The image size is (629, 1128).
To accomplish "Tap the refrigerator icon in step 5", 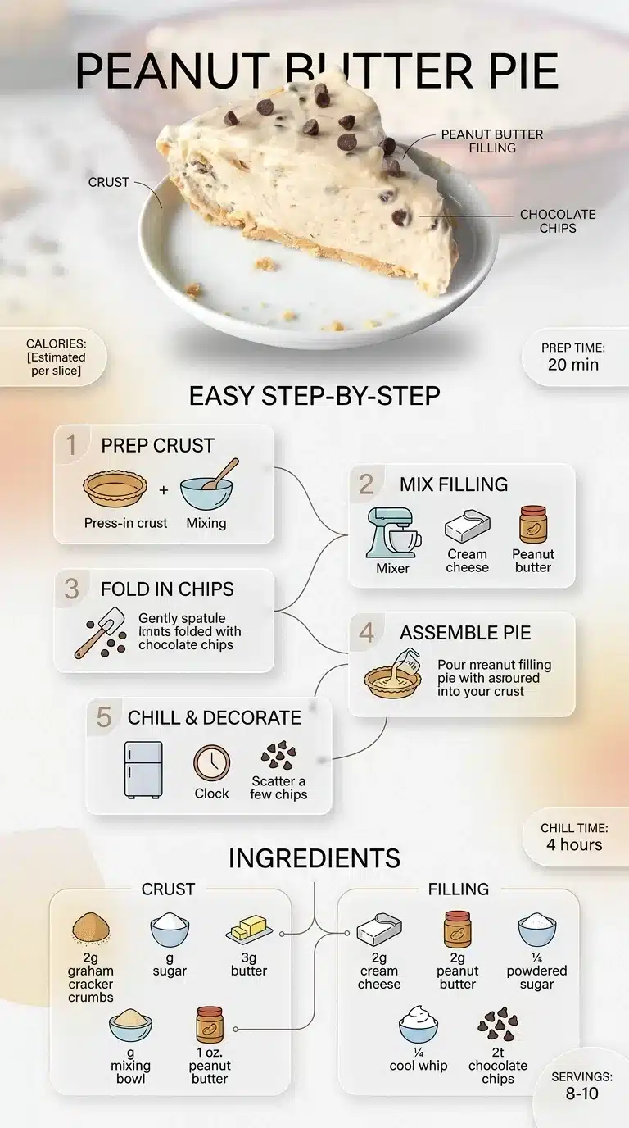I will coord(143,770).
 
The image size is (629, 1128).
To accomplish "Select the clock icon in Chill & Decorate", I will coord(211,762).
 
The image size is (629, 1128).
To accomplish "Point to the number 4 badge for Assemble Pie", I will coord(366,633).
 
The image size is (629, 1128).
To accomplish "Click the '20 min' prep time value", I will coord(573,364).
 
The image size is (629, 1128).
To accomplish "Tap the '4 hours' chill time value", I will coord(574,844).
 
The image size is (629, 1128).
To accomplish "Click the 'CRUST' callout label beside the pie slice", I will coord(109,182).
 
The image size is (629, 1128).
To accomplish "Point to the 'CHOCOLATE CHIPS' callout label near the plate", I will coord(558,221).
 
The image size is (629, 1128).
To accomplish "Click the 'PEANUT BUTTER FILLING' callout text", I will coord(492,141).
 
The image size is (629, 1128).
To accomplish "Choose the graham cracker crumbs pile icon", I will coord(90,929).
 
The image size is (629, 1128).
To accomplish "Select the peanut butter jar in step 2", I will coord(532,525).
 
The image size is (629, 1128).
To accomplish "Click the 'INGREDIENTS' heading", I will coord(314,858).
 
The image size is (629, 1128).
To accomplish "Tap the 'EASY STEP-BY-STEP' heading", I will coord(314,396).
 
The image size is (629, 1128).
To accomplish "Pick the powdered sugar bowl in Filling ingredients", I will coord(536,930).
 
